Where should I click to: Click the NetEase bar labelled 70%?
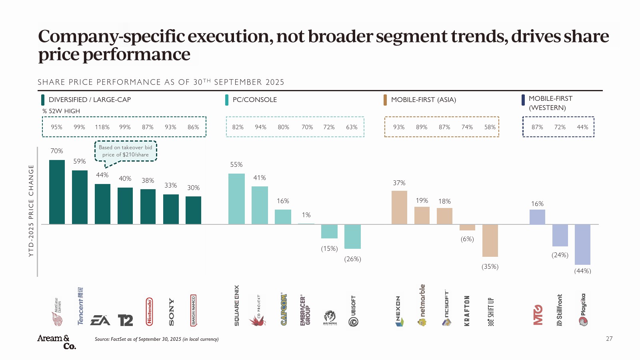point(57,192)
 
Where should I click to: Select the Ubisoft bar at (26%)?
point(352,236)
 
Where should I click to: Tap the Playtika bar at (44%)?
point(582,244)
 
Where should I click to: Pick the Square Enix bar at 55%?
point(236,199)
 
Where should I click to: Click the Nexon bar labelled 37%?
point(399,207)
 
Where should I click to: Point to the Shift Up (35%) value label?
point(490,267)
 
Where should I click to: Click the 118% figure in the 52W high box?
point(102,127)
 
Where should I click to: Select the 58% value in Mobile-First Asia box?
point(490,127)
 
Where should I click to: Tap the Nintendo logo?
point(149,311)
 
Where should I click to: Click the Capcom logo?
point(284,309)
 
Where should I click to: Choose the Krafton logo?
point(467,311)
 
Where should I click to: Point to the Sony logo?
point(172,312)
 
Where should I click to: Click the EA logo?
point(100,320)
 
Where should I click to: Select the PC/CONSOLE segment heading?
point(254,100)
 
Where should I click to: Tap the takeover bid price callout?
point(126,151)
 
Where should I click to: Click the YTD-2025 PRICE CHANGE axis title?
point(31,210)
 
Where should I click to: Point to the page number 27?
point(609,339)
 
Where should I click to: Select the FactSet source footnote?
point(156,339)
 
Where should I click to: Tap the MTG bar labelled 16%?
point(537,217)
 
